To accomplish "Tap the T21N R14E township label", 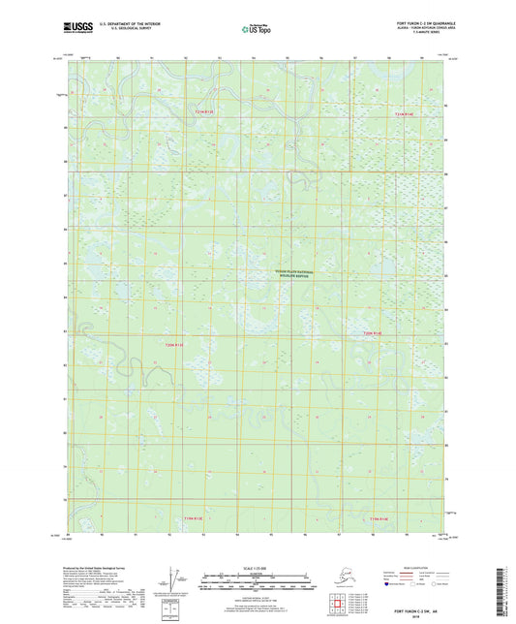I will [410, 113].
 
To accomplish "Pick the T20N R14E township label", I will [373, 333].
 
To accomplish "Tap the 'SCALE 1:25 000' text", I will [258, 568].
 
